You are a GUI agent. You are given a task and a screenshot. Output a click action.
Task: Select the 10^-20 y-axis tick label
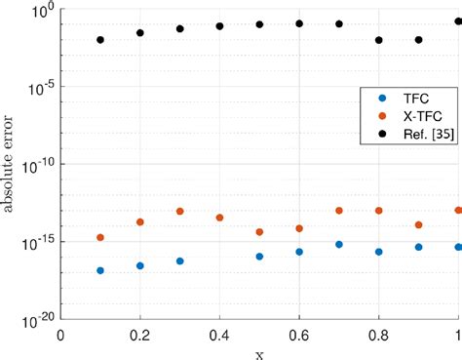click(36, 318)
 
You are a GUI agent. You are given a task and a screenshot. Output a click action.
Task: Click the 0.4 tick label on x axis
click(219, 333)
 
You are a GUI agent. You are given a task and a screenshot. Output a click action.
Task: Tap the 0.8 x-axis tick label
click(378, 333)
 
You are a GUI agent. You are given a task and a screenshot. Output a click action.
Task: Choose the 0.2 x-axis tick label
click(139, 333)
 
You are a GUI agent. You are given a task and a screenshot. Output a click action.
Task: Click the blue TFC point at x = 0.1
click(100, 270)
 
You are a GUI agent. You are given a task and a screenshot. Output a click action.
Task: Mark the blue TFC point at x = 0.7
click(339, 244)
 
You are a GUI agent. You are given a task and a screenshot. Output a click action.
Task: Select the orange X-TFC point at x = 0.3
click(180, 212)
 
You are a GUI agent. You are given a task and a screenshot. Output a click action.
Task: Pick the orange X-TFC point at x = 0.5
click(259, 232)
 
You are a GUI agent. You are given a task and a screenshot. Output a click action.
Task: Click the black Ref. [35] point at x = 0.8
click(379, 40)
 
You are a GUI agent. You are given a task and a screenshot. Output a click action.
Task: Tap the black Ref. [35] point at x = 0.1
click(100, 40)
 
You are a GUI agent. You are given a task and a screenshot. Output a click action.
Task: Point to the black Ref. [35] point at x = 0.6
click(299, 23)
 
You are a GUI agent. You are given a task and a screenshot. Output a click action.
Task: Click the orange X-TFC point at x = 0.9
click(419, 224)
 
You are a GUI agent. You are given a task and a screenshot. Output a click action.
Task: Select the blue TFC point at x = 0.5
click(259, 257)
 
